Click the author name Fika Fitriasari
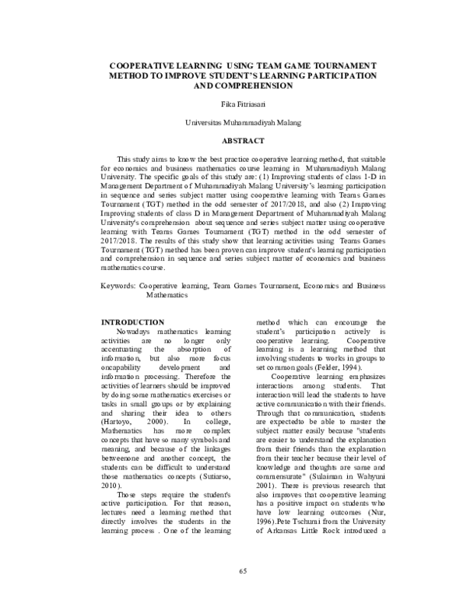233,104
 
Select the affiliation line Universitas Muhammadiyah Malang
233,122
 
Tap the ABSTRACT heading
233,141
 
